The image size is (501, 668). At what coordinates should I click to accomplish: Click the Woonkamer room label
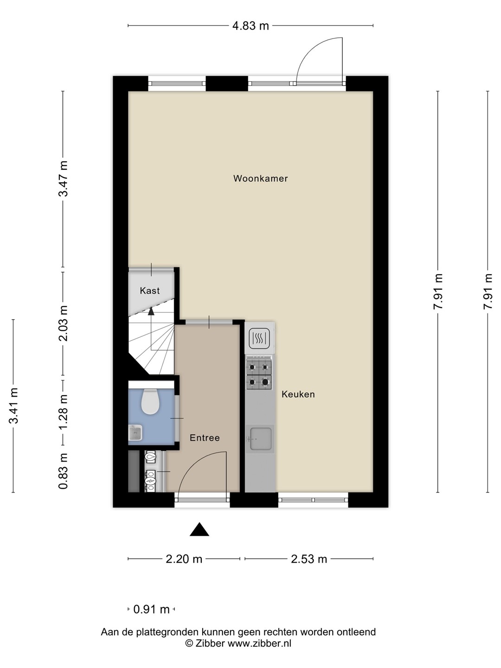point(260,178)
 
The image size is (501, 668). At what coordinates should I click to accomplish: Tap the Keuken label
point(298,394)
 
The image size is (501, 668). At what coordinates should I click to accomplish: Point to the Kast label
point(150,291)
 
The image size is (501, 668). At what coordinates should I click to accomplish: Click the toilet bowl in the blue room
point(151,401)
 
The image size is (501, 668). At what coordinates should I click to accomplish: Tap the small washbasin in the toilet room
point(135,433)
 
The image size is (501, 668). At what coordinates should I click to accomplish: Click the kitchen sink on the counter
point(260,439)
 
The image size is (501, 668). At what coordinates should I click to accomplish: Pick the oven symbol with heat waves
point(259,339)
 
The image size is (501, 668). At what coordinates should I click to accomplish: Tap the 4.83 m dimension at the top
point(250,26)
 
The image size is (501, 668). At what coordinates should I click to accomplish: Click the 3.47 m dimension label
point(63,179)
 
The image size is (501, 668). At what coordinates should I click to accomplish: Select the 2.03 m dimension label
point(63,323)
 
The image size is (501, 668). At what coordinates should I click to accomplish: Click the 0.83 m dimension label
point(63,471)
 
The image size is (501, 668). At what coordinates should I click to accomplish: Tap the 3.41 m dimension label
point(14,405)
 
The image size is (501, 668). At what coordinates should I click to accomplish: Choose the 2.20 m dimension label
point(184,559)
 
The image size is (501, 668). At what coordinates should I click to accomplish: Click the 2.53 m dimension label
point(309,559)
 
